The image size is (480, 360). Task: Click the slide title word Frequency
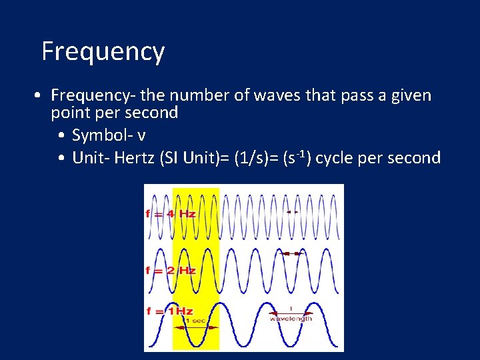(x=103, y=51)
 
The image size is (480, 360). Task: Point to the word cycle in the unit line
(x=337, y=158)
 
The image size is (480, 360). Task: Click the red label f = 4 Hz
(x=171, y=214)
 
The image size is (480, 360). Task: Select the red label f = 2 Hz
(x=171, y=270)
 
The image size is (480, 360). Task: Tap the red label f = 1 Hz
(x=169, y=311)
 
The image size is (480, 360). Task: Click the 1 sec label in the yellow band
(x=195, y=321)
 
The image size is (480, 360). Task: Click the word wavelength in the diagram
(x=291, y=318)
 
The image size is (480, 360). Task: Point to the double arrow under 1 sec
(x=195, y=327)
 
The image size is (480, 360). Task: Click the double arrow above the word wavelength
(x=291, y=312)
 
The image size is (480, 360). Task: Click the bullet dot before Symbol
(x=61, y=136)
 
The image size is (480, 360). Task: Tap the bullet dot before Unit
(x=61, y=159)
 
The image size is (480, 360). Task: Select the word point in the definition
(x=70, y=113)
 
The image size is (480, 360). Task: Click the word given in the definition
(x=407, y=96)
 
